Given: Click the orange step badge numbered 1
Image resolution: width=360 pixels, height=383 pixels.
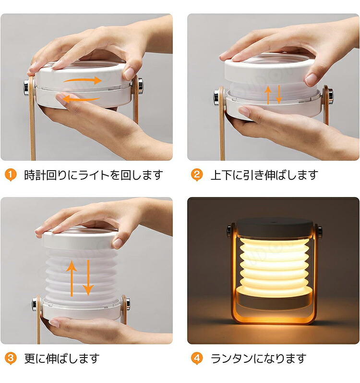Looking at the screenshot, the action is [11, 175].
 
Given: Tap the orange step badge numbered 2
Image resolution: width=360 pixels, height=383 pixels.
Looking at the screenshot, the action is [197, 175].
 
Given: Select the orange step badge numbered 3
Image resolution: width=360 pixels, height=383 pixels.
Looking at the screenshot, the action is [11, 358].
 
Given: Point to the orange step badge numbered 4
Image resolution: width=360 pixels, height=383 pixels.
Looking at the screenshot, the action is [197, 358].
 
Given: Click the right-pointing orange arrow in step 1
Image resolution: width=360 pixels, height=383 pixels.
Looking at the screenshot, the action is [83, 80].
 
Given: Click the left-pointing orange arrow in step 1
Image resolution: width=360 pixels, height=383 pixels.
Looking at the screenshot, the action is [81, 99].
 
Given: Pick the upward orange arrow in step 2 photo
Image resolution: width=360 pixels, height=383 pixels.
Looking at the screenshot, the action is [268, 95].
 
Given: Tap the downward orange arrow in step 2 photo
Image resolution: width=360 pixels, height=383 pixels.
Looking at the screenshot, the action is [278, 95].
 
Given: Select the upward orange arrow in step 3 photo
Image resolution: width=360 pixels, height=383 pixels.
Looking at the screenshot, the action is [72, 278].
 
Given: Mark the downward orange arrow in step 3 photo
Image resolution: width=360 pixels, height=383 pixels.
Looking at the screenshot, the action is [88, 278].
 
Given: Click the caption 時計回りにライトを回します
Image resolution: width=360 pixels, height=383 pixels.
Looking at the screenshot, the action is [94, 175].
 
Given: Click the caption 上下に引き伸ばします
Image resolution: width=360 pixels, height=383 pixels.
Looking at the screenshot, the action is [264, 175].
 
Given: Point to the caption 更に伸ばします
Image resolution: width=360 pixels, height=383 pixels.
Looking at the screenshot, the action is [62, 358].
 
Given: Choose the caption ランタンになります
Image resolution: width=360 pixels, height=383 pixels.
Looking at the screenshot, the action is [259, 358].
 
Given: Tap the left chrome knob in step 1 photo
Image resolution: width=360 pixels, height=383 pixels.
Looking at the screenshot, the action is [26, 86].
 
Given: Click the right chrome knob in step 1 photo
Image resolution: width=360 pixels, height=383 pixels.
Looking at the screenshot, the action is [140, 86].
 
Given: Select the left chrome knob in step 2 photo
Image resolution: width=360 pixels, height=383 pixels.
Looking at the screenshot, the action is [216, 98].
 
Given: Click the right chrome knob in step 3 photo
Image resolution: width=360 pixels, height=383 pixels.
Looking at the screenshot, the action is [128, 304].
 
